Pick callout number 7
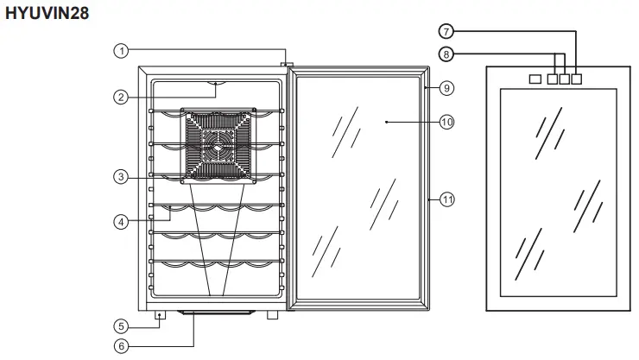(446, 31)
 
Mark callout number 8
(446, 54)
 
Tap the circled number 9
(446, 87)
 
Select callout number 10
(446, 122)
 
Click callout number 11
(446, 199)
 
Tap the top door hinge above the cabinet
(287, 65)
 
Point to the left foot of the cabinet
(161, 316)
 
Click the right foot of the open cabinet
(273, 316)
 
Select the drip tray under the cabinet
(216, 313)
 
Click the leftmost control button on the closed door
(535, 79)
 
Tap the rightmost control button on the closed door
(577, 79)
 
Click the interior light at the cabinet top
(216, 84)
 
